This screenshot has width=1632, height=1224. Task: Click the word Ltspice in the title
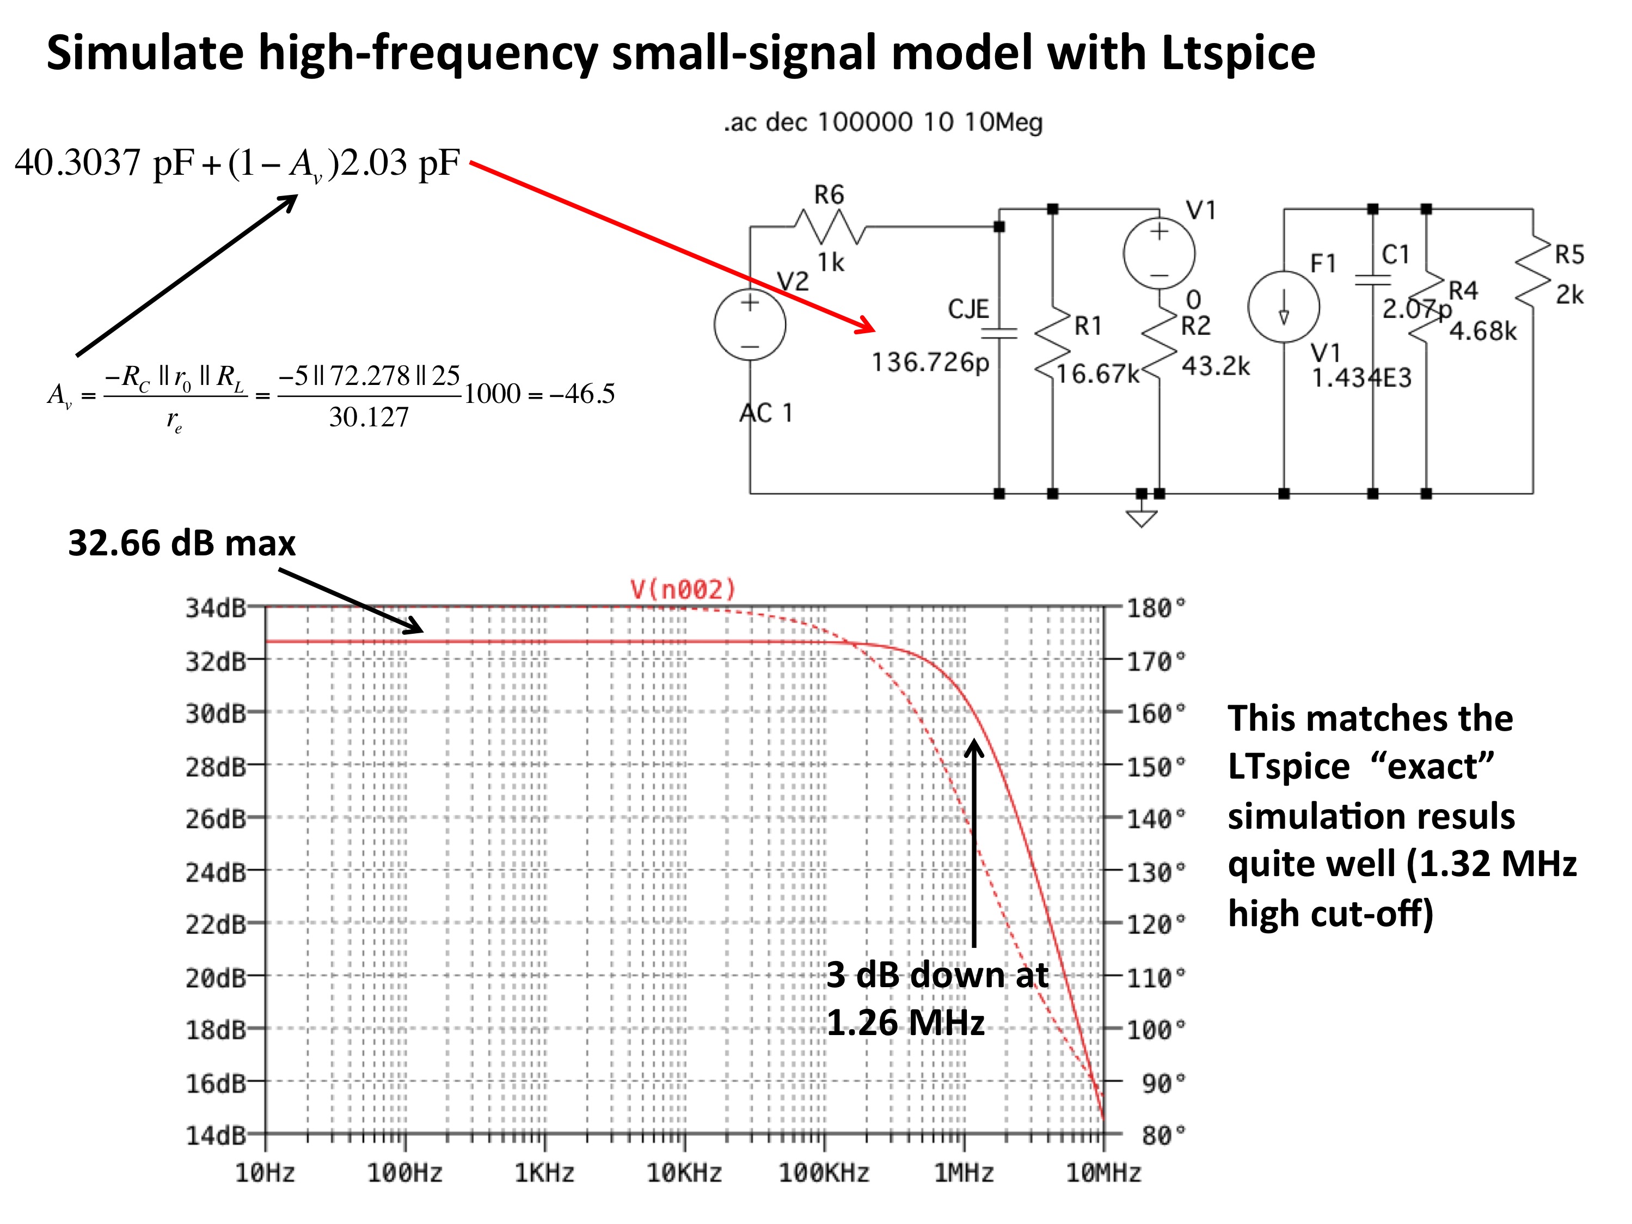click(x=1238, y=53)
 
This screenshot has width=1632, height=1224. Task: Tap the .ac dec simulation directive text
click(x=883, y=122)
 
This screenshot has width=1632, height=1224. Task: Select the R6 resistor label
click(x=829, y=195)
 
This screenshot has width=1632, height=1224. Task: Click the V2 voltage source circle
click(x=750, y=324)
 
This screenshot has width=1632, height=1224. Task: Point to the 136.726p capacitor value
click(x=930, y=362)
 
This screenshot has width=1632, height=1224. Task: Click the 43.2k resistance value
click(x=1216, y=366)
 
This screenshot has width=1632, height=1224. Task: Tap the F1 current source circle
click(x=1284, y=306)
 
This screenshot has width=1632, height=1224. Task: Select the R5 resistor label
click(x=1569, y=254)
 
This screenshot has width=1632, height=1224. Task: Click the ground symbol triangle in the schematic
click(x=1142, y=519)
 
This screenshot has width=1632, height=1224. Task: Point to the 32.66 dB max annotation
click(x=181, y=543)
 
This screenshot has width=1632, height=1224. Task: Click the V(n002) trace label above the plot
click(x=683, y=589)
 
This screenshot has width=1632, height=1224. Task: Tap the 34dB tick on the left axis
click(x=216, y=608)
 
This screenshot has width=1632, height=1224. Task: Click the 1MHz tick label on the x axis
click(x=964, y=1172)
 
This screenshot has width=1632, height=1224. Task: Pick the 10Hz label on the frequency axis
click(x=265, y=1172)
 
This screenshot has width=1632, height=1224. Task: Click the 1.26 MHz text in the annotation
click(x=906, y=1023)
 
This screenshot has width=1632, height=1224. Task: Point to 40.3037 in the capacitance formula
click(x=77, y=162)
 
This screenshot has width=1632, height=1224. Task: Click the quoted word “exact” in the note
click(x=1432, y=766)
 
